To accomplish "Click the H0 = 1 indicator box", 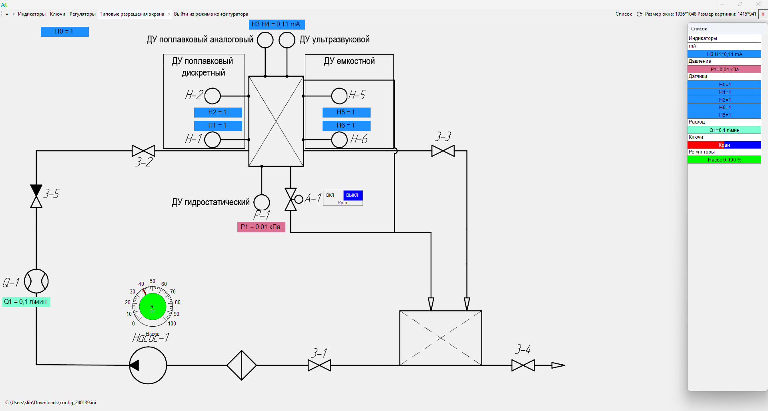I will click(x=64, y=32).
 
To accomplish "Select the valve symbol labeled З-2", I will click(x=143, y=151).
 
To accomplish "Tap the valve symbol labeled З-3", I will click(x=443, y=151).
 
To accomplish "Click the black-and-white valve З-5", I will click(x=36, y=196).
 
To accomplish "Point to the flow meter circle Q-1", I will click(x=36, y=281).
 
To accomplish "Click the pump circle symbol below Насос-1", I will click(x=148, y=365).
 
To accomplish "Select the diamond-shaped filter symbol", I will click(x=242, y=365).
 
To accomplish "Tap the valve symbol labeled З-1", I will click(x=319, y=365).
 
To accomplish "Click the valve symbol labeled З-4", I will click(x=523, y=365).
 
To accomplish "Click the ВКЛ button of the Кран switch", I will click(x=331, y=195).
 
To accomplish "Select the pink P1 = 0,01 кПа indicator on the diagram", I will click(x=261, y=227).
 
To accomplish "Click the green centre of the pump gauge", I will click(x=152, y=307).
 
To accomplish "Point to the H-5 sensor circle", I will click(x=339, y=96).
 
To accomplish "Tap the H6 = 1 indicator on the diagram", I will click(x=346, y=126).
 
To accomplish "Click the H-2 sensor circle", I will click(x=213, y=96).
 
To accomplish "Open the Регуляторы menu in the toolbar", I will click(x=82, y=14).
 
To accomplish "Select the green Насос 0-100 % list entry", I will click(x=724, y=160).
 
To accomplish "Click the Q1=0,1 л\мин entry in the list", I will click(x=724, y=130).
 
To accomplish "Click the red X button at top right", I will click(x=763, y=14).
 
